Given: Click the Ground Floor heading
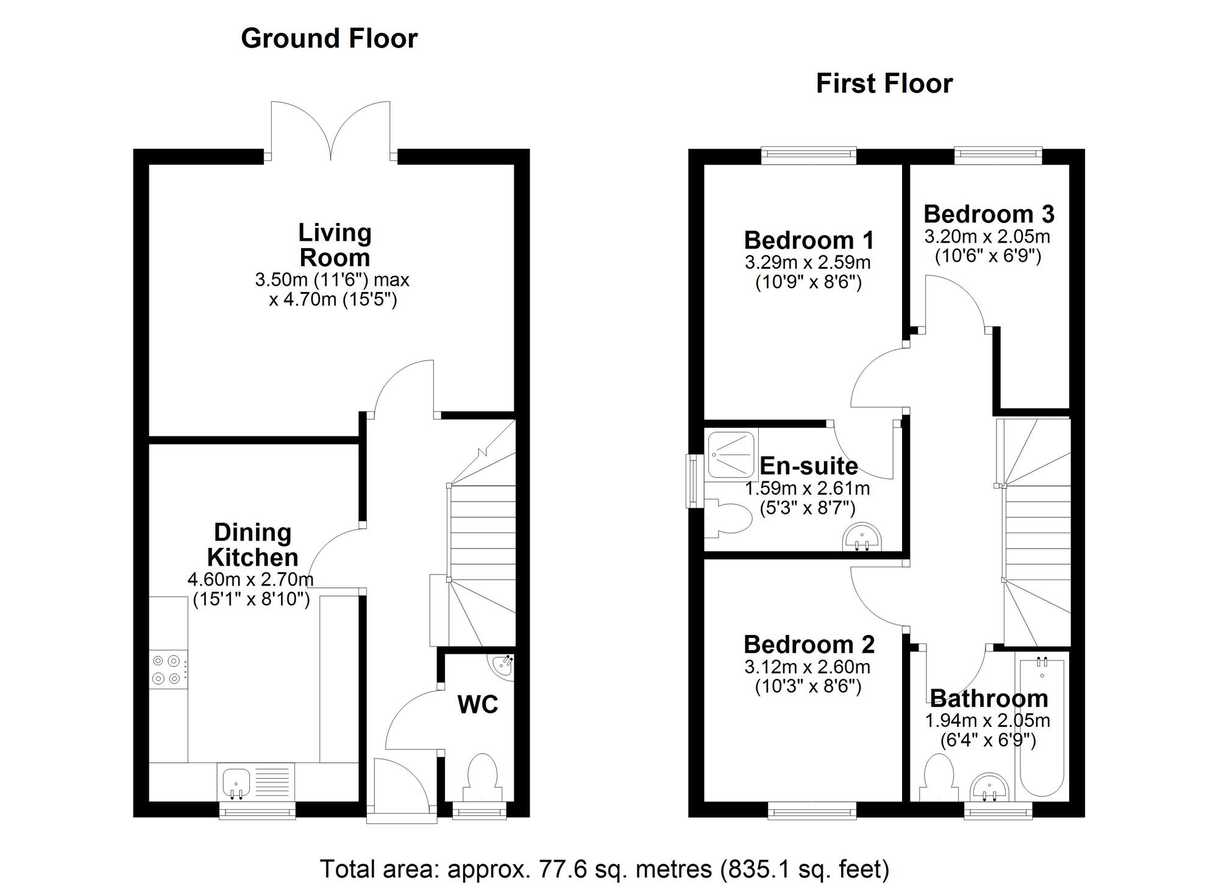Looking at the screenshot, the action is click(x=329, y=38).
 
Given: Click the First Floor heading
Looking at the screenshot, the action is click(x=884, y=83).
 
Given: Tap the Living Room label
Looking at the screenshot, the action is click(x=335, y=245).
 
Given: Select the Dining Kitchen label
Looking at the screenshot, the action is click(x=252, y=545).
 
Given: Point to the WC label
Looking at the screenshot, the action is click(x=478, y=704).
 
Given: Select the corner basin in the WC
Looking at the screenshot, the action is click(x=503, y=667).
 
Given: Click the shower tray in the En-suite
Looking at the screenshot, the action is click(x=730, y=455).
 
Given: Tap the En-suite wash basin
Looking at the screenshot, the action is click(x=861, y=537).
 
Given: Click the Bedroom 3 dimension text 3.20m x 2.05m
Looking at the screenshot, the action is click(x=987, y=236).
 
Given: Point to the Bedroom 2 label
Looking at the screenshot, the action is click(x=809, y=644).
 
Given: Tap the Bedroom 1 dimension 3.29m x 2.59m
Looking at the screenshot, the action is click(x=808, y=263).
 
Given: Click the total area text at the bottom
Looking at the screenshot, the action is click(x=605, y=868).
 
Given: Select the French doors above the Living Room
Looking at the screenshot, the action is click(x=331, y=131).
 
